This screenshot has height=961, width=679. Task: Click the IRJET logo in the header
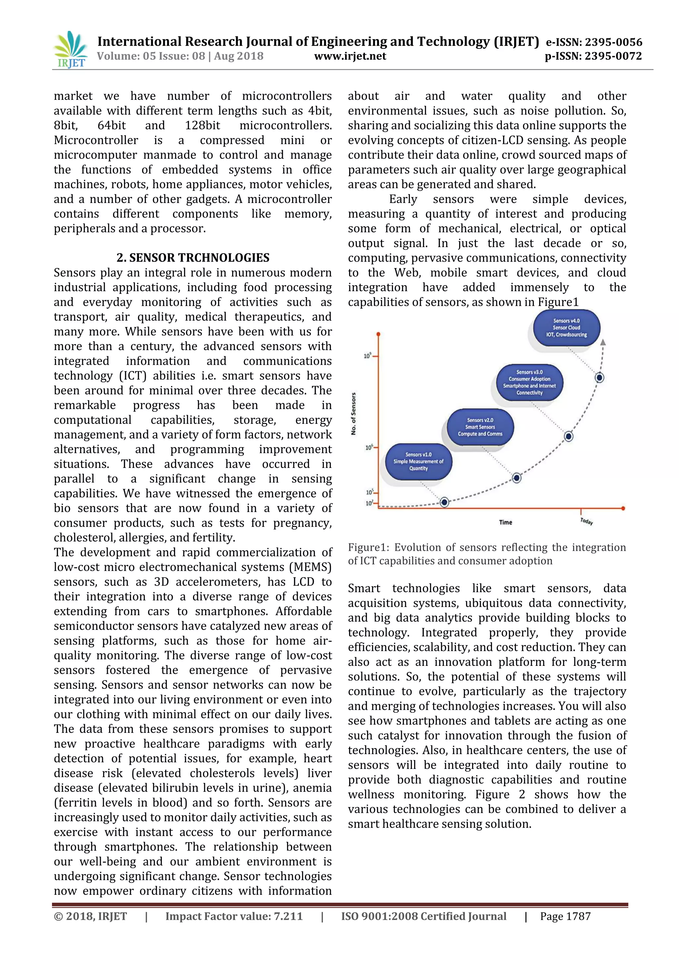point(70,50)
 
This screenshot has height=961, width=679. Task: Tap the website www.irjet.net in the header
point(350,56)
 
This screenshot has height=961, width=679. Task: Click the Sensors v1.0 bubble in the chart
point(418,461)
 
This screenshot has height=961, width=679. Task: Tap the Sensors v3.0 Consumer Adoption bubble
point(529,382)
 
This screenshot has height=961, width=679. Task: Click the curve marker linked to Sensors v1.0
point(444,502)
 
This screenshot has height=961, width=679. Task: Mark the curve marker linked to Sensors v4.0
point(599,377)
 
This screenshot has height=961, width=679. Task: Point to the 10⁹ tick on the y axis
point(368,356)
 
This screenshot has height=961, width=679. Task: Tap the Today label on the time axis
point(586,521)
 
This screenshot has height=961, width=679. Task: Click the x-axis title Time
point(505,522)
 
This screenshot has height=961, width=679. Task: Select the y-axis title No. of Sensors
point(353,414)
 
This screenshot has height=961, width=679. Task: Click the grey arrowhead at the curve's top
point(603,342)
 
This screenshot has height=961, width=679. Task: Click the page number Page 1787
point(565,916)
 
